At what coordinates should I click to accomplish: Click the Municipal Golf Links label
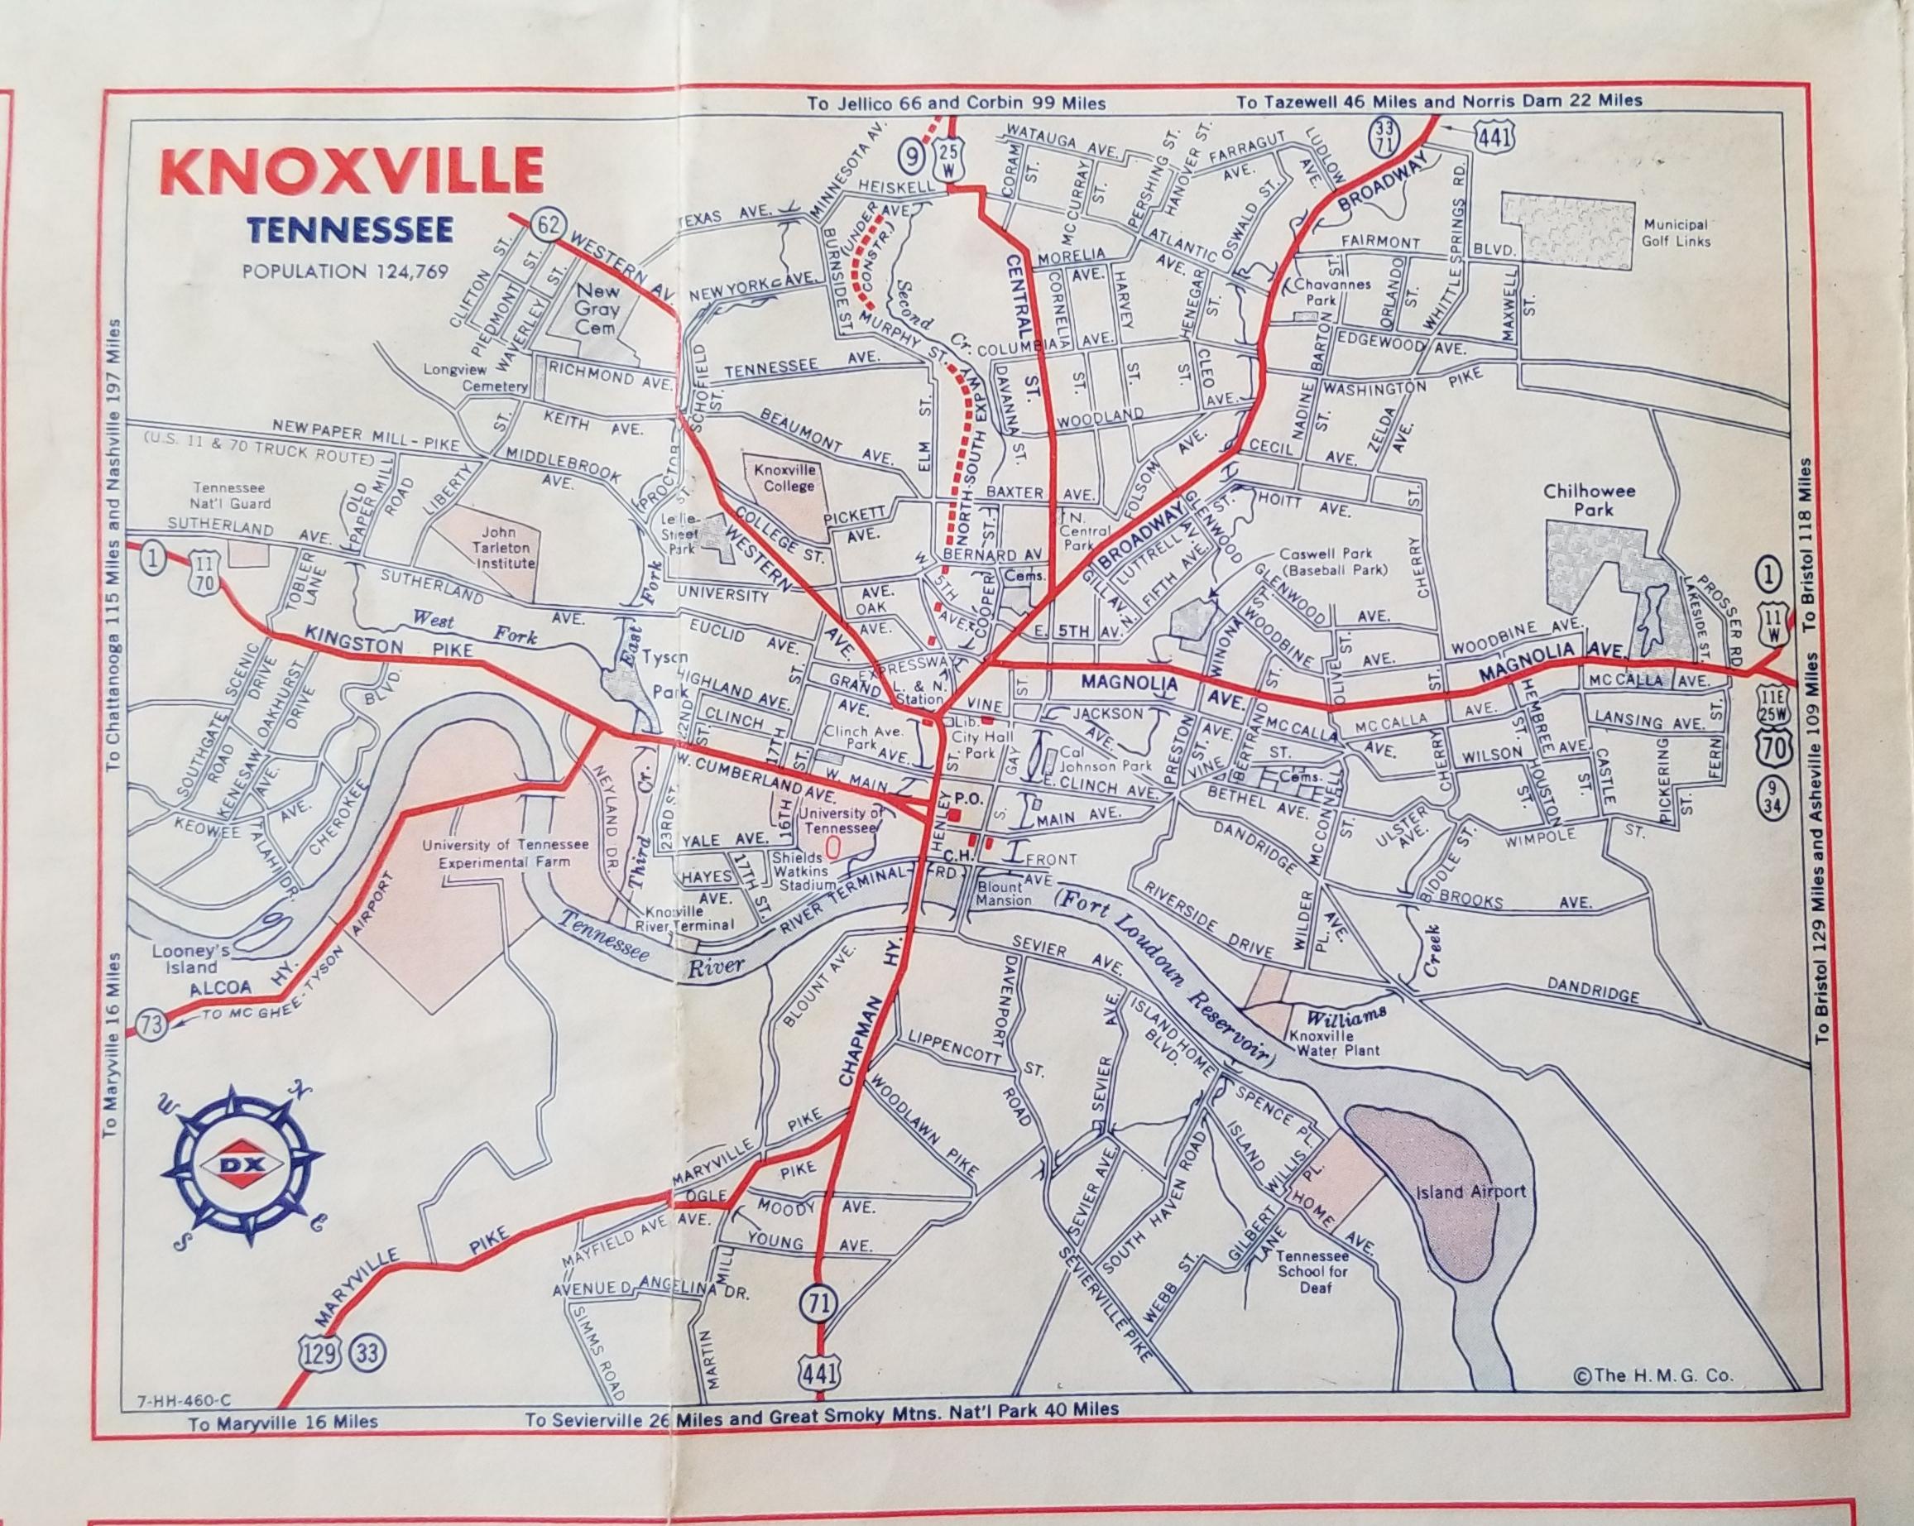(1674, 233)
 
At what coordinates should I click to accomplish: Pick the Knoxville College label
(784, 477)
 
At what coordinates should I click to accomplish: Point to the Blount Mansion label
(1004, 893)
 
